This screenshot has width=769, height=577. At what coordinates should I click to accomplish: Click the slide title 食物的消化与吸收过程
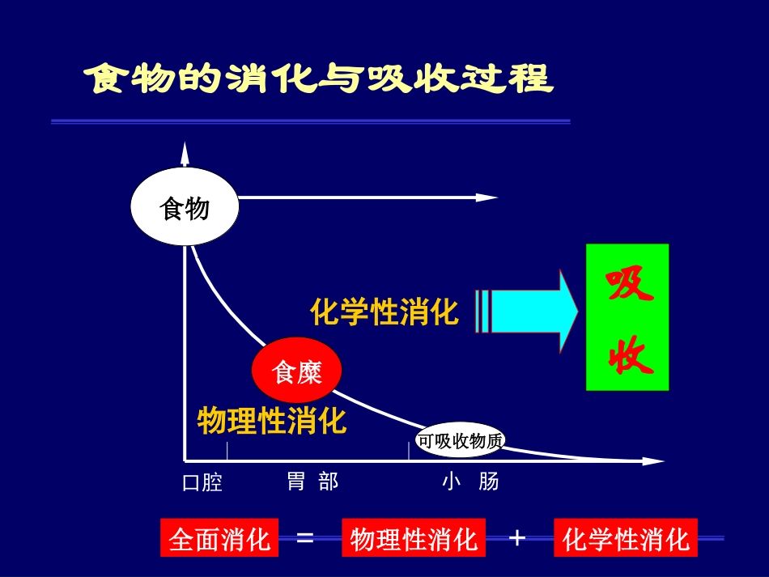(x=319, y=80)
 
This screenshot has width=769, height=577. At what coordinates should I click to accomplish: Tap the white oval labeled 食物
(x=185, y=207)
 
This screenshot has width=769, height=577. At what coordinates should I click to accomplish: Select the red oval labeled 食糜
(x=297, y=371)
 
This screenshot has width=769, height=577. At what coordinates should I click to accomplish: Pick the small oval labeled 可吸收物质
(x=461, y=440)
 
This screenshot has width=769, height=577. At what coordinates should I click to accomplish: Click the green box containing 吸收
(x=627, y=317)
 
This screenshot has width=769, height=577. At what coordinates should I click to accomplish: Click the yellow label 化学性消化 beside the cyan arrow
(x=384, y=312)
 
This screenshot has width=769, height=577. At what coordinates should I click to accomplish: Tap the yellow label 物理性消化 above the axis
(x=272, y=420)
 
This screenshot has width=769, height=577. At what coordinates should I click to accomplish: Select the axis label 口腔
(x=202, y=483)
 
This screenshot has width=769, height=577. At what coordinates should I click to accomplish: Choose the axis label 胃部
(x=312, y=482)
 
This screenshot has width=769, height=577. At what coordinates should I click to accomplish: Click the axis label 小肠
(x=470, y=482)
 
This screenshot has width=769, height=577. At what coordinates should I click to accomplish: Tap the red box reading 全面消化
(x=219, y=538)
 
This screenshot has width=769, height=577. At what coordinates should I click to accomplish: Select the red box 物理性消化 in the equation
(x=414, y=538)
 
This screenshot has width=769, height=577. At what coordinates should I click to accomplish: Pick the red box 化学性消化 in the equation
(x=626, y=538)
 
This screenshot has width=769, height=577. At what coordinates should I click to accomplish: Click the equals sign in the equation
(x=305, y=537)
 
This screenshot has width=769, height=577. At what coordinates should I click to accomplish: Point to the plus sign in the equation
(x=517, y=537)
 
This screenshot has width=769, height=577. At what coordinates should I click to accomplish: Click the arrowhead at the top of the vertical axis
(x=185, y=150)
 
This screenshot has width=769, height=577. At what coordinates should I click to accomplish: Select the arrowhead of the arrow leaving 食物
(x=487, y=197)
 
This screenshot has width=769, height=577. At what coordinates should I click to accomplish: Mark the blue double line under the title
(x=311, y=121)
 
